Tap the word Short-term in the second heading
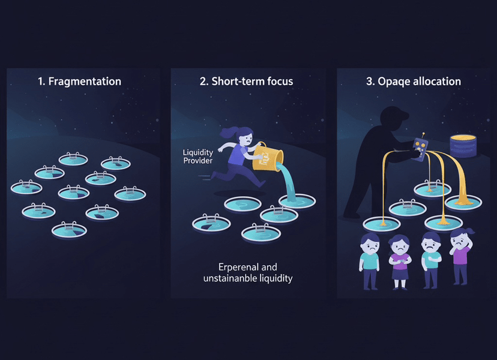[x=235, y=81]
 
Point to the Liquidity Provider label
[x=198, y=157]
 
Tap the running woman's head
[x=245, y=136]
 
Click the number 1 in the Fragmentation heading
[x=40, y=81]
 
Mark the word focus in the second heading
[x=277, y=81]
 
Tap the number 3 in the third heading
[x=369, y=81]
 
